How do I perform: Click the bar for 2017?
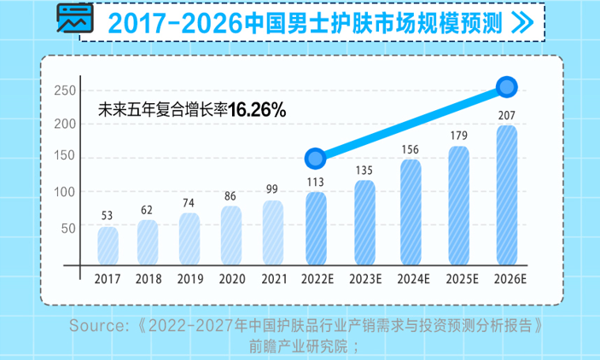pyautogui.click(x=108, y=246)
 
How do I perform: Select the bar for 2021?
pyautogui.click(x=272, y=233)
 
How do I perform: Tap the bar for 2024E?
pyautogui.click(x=411, y=212)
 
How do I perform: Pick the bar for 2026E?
pyautogui.click(x=506, y=195)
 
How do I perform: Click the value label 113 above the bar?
pyautogui.click(x=316, y=182)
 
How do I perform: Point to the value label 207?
pyautogui.click(x=506, y=114)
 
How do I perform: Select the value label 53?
pyautogui.click(x=108, y=217)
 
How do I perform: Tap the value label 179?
pyautogui.click(x=459, y=135)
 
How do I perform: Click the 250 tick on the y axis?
pyautogui.click(x=66, y=90)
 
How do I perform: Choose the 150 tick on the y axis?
pyautogui.click(x=66, y=159)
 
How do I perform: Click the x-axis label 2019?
pyautogui.click(x=189, y=279)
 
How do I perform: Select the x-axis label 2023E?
pyautogui.click(x=364, y=279)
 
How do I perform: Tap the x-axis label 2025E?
pyautogui.click(x=459, y=279)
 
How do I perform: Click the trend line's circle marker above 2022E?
pyautogui.click(x=316, y=158)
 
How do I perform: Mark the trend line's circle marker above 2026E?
pyautogui.click(x=507, y=87)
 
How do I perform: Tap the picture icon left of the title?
pyautogui.click(x=73, y=19)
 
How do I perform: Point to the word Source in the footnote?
pyautogui.click(x=96, y=326)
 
